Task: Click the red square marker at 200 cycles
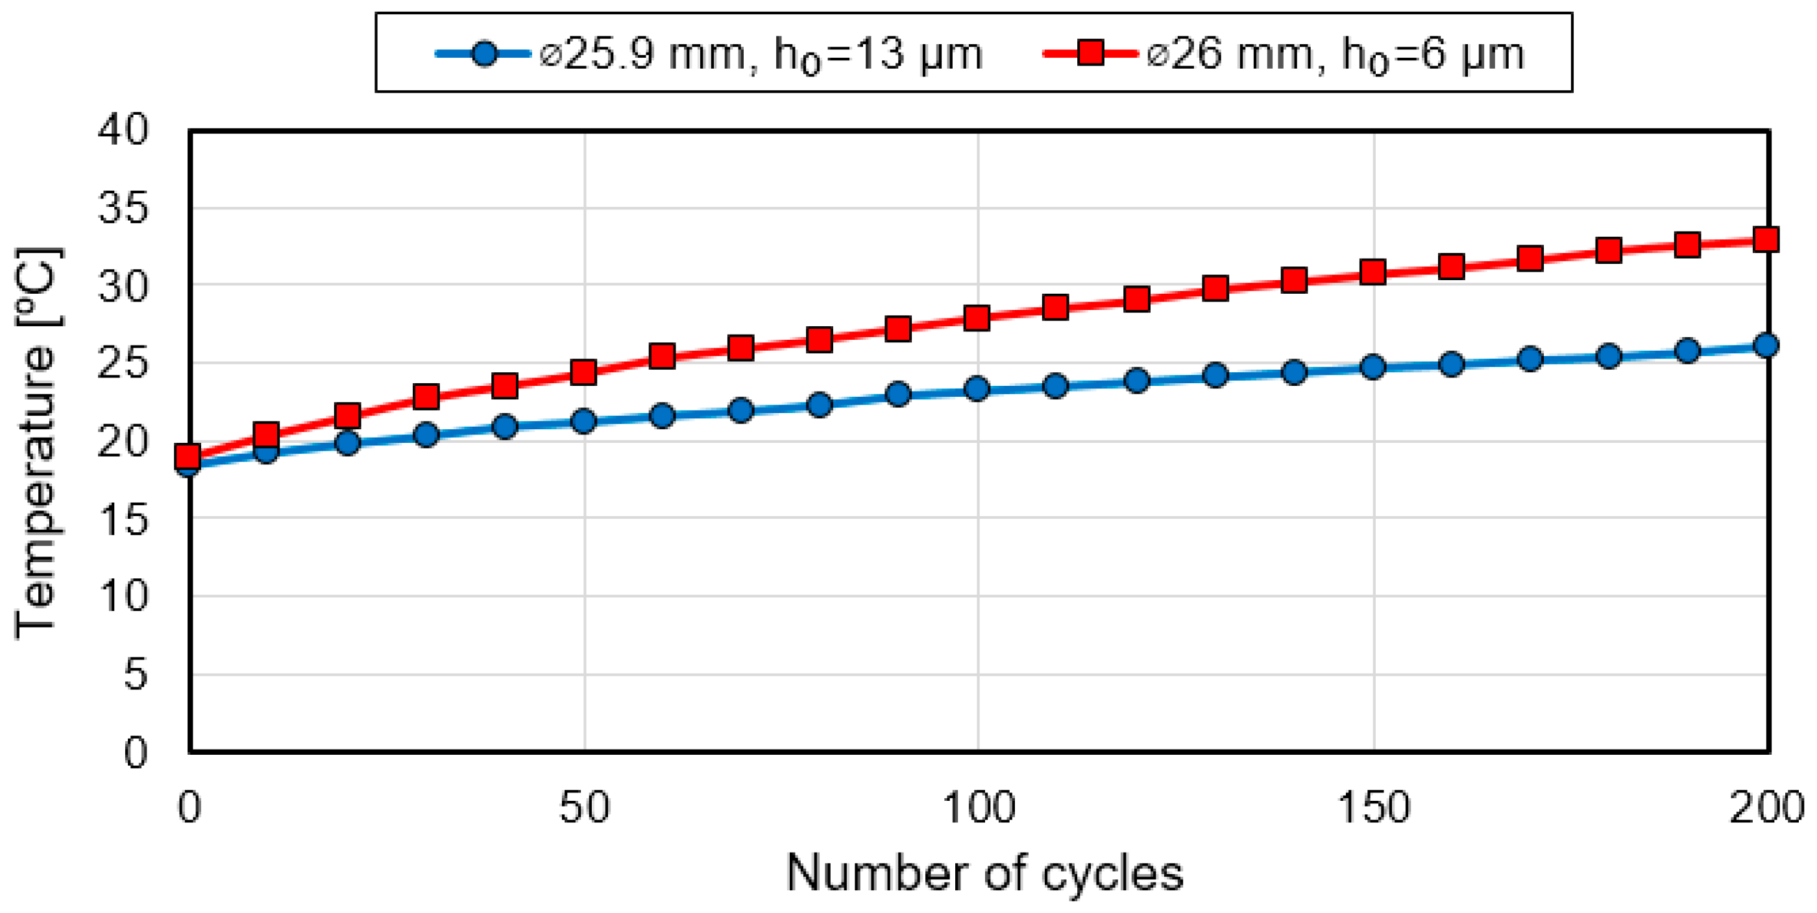(x=1766, y=239)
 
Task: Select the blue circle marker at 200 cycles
(x=1766, y=345)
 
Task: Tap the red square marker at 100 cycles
(x=977, y=318)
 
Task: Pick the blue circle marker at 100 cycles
(x=977, y=388)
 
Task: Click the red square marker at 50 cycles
(x=583, y=372)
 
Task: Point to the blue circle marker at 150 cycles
(x=1372, y=366)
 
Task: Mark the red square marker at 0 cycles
(x=188, y=455)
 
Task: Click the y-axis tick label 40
(x=123, y=130)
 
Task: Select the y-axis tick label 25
(x=123, y=364)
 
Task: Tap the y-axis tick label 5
(x=136, y=675)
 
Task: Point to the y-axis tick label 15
(x=123, y=519)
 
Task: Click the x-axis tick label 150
(x=1373, y=807)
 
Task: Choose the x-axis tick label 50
(x=584, y=807)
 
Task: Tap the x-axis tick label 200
(x=1766, y=807)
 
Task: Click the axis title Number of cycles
(x=984, y=873)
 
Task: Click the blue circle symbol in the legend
(x=485, y=54)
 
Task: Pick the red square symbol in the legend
(x=1090, y=53)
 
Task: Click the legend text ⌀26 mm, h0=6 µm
(x=1335, y=54)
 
